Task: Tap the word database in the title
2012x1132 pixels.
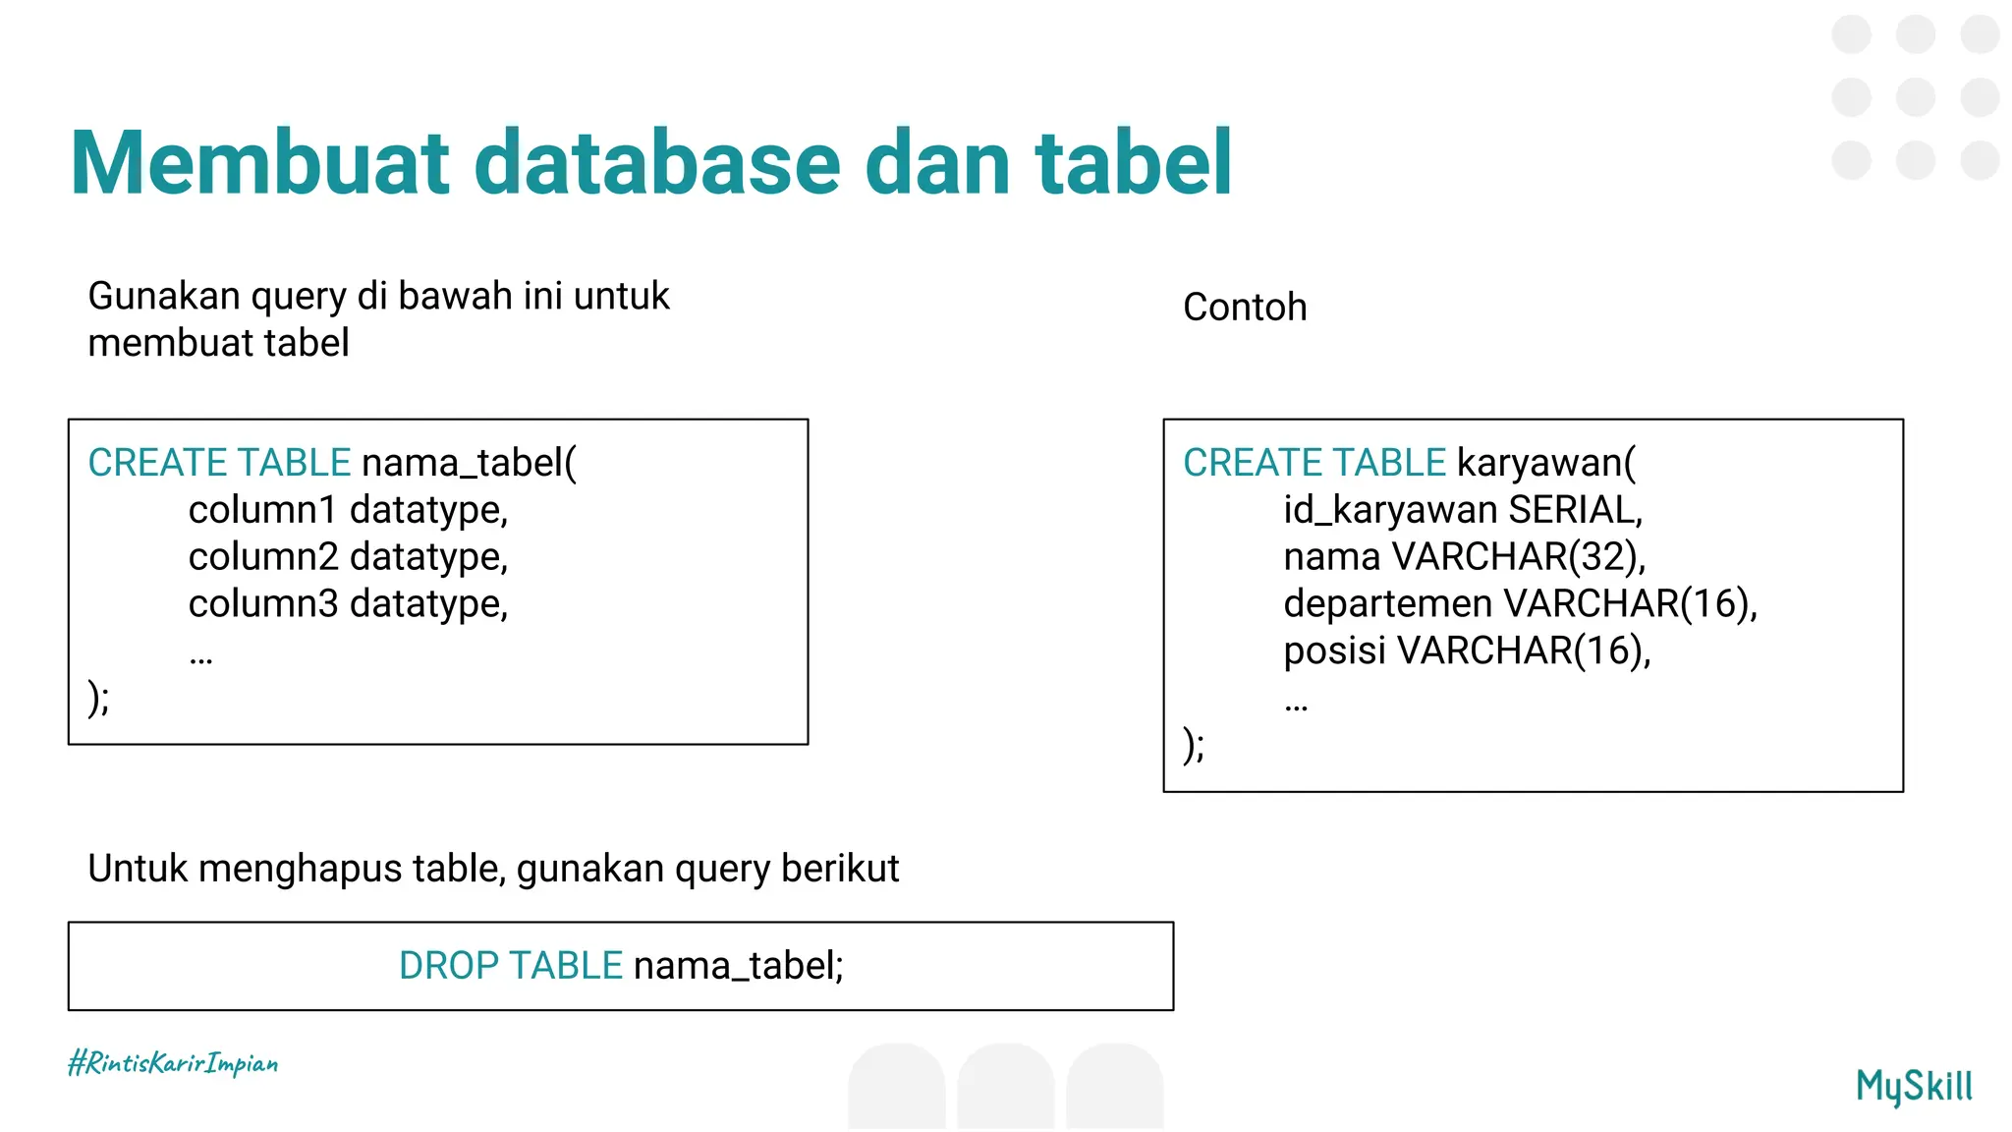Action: point(657,163)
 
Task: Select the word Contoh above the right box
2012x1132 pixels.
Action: point(1244,308)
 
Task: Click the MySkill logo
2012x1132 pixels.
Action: point(1913,1086)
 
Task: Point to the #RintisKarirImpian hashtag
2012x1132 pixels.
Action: point(173,1063)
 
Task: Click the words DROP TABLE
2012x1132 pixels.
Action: point(510,966)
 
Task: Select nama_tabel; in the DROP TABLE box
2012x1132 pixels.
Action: point(738,966)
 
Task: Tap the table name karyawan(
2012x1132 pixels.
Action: point(1546,463)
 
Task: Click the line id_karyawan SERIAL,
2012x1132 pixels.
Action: point(1462,510)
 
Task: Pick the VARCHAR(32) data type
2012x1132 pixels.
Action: point(1518,557)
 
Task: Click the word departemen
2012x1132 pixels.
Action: point(1387,603)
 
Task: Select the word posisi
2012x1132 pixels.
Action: point(1334,651)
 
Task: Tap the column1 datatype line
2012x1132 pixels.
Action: point(348,510)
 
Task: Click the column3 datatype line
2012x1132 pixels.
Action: point(348,603)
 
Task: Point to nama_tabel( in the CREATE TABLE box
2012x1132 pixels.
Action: point(469,463)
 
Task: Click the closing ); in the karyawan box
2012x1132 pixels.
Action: point(1194,745)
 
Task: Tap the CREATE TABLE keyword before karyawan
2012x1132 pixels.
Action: point(1313,463)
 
